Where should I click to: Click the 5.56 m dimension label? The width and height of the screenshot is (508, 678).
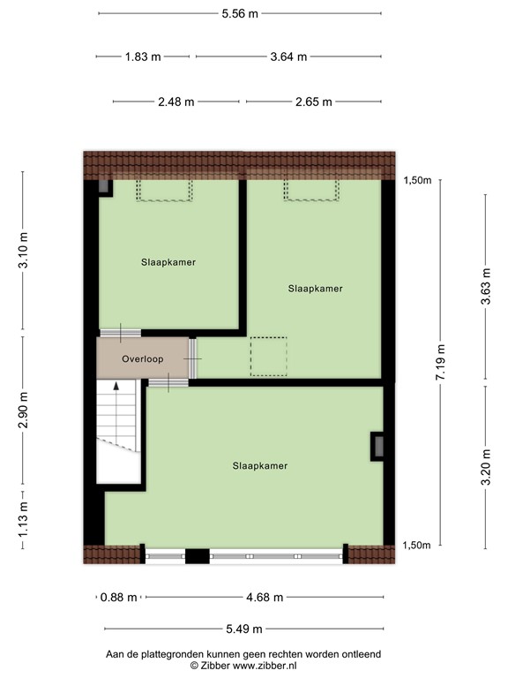coord(240,13)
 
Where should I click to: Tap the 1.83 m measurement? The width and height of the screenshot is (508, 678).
coord(143,56)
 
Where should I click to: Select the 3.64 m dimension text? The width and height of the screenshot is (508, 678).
coord(288,56)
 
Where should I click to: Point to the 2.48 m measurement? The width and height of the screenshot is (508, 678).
coord(176,102)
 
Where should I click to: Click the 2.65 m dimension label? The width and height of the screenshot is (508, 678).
coord(313,102)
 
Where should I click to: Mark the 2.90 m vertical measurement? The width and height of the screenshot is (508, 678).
coord(24,411)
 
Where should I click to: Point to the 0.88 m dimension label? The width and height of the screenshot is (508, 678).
coord(119,597)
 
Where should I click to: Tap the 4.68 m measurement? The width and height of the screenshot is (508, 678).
coord(265,597)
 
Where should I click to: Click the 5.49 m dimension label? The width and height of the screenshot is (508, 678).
coord(243,629)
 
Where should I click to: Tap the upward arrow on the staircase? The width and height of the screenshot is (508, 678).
coord(116,388)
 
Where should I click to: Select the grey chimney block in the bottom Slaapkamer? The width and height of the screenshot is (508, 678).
coord(377,446)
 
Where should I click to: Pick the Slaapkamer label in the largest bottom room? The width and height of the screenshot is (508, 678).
coord(260,465)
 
